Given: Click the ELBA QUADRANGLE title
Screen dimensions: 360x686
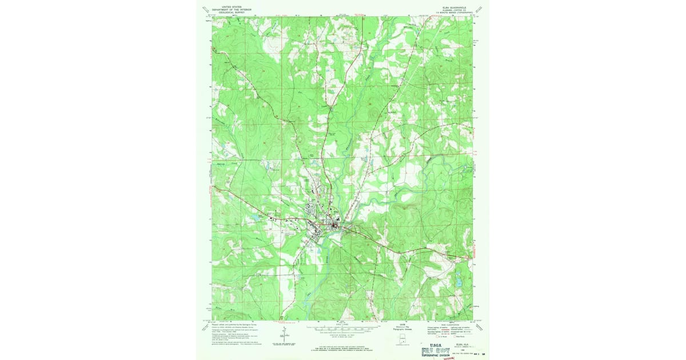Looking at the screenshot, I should [x=454, y=7].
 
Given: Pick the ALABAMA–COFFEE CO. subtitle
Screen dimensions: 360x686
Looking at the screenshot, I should [x=454, y=10].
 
